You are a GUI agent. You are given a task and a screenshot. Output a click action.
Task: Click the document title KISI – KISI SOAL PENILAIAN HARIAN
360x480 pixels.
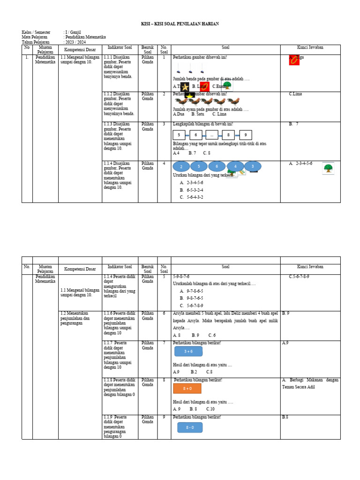tap(180, 24)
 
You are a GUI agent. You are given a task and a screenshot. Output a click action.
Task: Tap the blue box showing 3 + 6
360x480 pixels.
tap(188, 351)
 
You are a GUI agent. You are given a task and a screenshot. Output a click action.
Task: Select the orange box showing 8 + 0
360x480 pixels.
tap(187, 388)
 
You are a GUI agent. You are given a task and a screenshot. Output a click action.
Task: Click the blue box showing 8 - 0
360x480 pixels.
tap(190, 427)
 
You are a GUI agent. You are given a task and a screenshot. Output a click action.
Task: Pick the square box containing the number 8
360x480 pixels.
tap(228, 135)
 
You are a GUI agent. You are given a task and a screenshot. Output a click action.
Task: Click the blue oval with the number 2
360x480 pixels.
tap(181, 166)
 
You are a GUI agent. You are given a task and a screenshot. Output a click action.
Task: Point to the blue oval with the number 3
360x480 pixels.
tap(253, 166)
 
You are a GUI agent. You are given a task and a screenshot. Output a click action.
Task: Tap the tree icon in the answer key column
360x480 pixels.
tap(328, 168)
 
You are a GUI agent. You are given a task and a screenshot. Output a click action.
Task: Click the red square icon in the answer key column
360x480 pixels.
tap(294, 60)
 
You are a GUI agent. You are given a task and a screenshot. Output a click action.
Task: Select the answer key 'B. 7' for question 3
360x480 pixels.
tap(294, 124)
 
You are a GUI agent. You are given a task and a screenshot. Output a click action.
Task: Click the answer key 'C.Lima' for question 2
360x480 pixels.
tap(296, 94)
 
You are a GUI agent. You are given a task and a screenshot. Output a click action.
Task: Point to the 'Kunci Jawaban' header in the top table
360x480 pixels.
tap(310, 47)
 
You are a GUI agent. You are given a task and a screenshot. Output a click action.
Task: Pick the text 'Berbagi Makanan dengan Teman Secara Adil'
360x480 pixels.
tap(310, 383)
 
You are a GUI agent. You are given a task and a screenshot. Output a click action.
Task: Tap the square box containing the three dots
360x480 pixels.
tap(211, 135)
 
